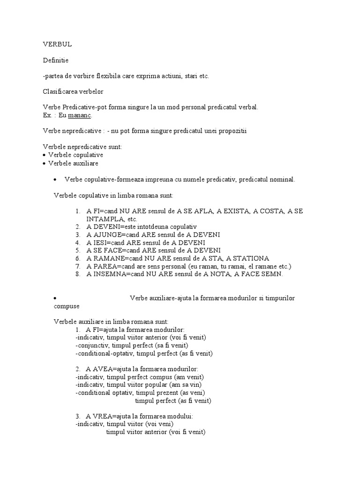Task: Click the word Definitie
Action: [x=55, y=60]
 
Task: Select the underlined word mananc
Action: [x=80, y=115]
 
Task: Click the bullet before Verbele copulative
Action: [x=44, y=155]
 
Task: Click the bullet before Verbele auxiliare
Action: [x=44, y=164]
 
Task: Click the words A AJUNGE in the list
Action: [x=104, y=234]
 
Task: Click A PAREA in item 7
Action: [x=100, y=266]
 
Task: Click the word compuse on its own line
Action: [x=67, y=306]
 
